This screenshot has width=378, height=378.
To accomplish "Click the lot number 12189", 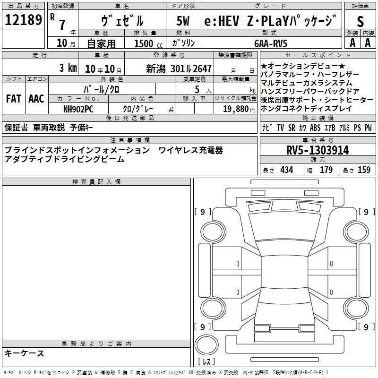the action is click(23, 20).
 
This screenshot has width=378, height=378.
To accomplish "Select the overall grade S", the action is click(360, 21).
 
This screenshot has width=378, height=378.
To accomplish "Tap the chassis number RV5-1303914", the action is click(318, 150).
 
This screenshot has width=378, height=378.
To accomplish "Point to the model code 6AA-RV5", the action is click(271, 43).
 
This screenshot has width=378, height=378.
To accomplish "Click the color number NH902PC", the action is click(78, 109).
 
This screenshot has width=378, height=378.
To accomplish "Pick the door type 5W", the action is click(183, 21).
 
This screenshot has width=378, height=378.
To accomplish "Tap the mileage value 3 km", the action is click(68, 68).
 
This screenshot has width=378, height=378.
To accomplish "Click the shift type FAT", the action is click(14, 99).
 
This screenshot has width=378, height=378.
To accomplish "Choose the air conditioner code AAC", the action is click(36, 99).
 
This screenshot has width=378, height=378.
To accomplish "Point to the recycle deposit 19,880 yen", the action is click(239, 109).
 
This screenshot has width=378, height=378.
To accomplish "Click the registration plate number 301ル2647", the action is click(191, 69).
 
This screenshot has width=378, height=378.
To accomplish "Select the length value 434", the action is click(287, 170).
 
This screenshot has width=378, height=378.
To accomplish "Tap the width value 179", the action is click(326, 170).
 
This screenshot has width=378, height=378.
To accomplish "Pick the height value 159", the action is click(364, 170).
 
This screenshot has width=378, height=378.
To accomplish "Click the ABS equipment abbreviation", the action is click(315, 128).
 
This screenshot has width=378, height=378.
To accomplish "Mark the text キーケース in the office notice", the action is click(25, 353).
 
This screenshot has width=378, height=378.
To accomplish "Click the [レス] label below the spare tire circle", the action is click(206, 361).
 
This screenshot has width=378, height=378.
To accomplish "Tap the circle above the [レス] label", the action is click(206, 345).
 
